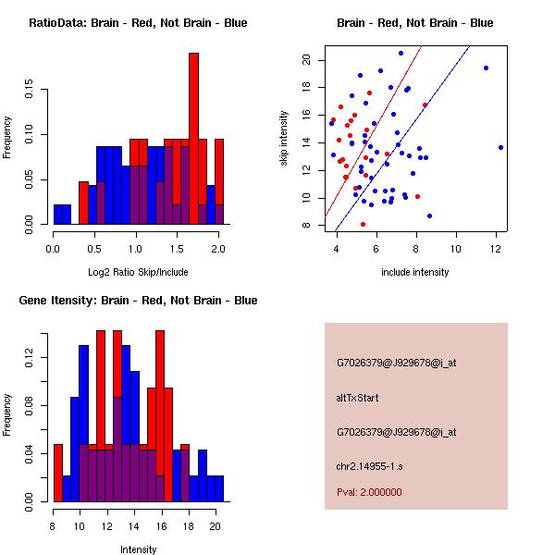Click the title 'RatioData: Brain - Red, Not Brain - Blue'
coord(138,22)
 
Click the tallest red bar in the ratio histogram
coord(193,139)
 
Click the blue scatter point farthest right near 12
coord(500,147)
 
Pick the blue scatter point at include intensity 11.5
coord(486,68)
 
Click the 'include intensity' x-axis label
coord(415,272)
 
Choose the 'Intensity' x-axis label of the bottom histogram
coord(138,549)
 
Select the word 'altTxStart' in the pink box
coord(358,398)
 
